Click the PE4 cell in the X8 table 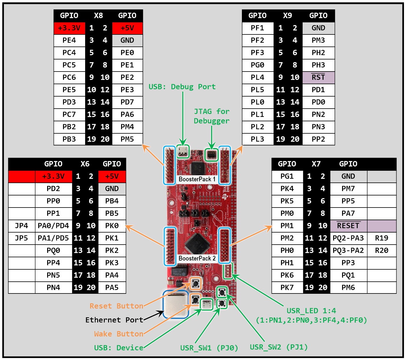tap(69, 40)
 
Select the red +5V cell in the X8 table tap(127, 28)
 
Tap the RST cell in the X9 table tap(318, 77)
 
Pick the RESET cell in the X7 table tap(348, 226)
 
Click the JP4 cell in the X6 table tap(22, 226)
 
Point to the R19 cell tap(382, 238)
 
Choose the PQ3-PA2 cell tap(348, 250)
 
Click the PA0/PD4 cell tap(53, 226)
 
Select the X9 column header tap(288, 16)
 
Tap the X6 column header tap(85, 164)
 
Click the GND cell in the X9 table tap(318, 28)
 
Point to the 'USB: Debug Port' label tap(182, 87)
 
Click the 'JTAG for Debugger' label tap(212, 116)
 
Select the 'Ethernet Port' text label tap(114, 320)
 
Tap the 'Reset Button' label tap(116, 306)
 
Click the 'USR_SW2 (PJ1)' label tap(279, 347)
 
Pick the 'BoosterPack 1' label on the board tap(197, 179)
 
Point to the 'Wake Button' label tap(118, 334)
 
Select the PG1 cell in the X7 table tap(287, 176)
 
